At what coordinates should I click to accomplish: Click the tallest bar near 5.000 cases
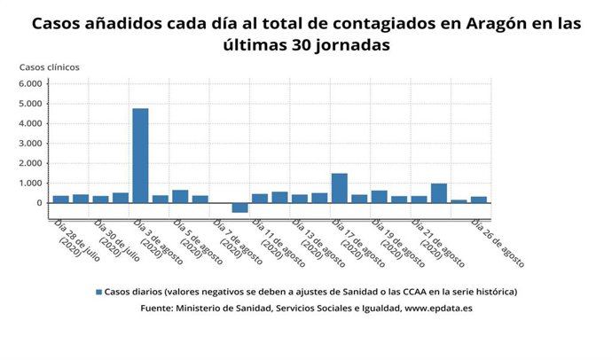[x=140, y=155]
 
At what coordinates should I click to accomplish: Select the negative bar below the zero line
[x=239, y=207]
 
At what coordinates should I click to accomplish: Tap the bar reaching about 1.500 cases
[x=339, y=188]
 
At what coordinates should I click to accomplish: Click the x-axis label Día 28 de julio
[x=75, y=239]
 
